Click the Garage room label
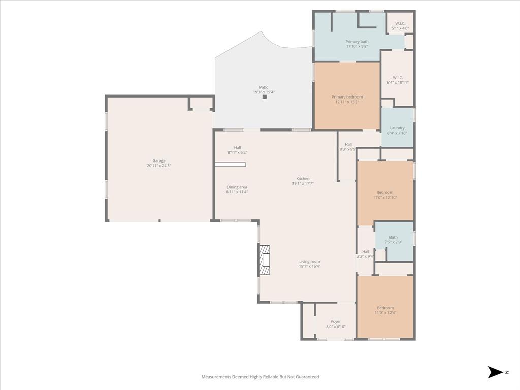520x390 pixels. (159, 161)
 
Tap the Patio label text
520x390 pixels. (264, 87)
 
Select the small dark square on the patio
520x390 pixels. (265, 96)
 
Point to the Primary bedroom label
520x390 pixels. (347, 97)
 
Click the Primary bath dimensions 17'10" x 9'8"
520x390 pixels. (357, 46)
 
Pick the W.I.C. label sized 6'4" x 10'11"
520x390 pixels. (398, 78)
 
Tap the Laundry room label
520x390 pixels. (397, 128)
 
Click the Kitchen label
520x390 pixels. (303, 179)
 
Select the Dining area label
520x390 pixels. (237, 187)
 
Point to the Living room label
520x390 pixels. (309, 262)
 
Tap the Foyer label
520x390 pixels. (336, 321)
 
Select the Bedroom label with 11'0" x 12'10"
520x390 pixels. (384, 192)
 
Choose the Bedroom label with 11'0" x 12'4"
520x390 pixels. (385, 308)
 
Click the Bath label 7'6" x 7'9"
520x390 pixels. (394, 237)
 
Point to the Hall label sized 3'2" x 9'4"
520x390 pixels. (366, 252)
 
